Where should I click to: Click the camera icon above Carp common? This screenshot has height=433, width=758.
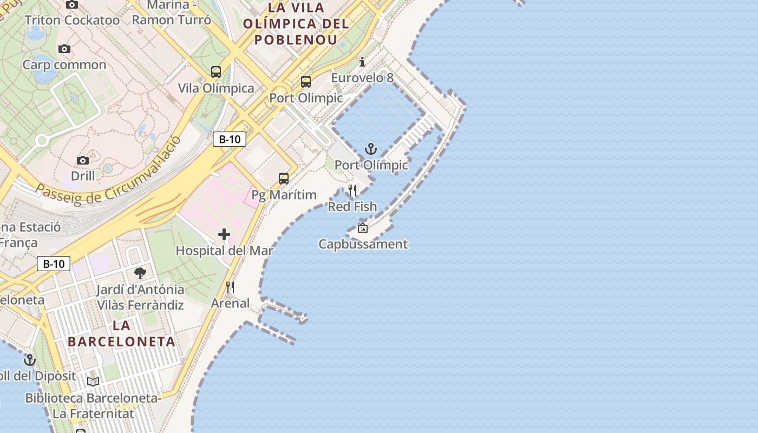click(x=64, y=49)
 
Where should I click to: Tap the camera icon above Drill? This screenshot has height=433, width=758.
click(x=83, y=160)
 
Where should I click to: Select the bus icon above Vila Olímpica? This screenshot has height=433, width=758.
click(x=216, y=71)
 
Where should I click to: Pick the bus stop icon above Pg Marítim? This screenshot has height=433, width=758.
click(x=284, y=178)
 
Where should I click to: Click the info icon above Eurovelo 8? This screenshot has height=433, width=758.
click(x=362, y=62)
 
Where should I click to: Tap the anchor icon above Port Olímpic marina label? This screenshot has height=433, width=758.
click(x=371, y=149)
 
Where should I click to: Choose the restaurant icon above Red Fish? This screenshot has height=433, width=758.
click(x=352, y=191)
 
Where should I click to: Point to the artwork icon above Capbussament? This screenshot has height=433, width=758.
click(x=363, y=228)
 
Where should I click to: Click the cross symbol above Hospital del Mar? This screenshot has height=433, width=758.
click(x=224, y=234)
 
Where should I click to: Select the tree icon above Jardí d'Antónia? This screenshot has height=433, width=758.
click(x=140, y=273)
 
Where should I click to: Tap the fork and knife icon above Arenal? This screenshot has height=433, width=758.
click(x=230, y=287)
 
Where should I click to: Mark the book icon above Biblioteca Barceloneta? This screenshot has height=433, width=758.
click(x=93, y=382)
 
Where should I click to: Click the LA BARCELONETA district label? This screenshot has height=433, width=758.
click(x=122, y=333)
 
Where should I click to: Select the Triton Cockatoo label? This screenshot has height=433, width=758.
click(x=72, y=20)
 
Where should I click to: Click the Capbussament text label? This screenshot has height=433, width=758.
click(x=363, y=244)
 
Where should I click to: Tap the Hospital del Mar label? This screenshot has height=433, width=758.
click(x=224, y=251)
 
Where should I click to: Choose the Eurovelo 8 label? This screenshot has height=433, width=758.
click(x=362, y=78)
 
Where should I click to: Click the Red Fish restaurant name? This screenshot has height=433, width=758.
click(x=352, y=206)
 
